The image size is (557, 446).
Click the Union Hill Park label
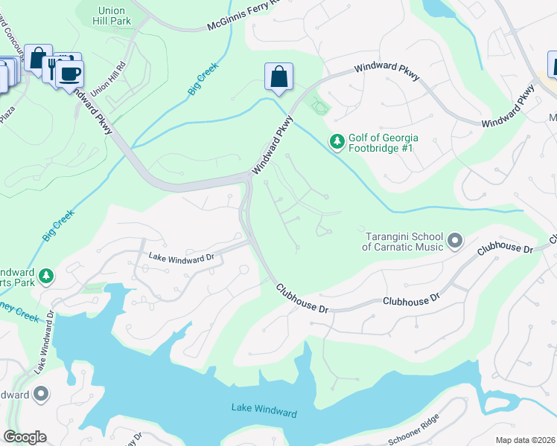pos(114,16)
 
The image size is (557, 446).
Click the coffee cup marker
pos(70,74)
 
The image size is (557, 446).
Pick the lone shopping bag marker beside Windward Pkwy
pos(278,76)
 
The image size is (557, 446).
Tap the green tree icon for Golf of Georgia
pos(337,140)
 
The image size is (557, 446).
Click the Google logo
pos(25,437)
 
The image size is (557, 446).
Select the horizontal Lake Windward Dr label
pos(181,257)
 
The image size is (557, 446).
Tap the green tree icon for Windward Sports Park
pos(46,276)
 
